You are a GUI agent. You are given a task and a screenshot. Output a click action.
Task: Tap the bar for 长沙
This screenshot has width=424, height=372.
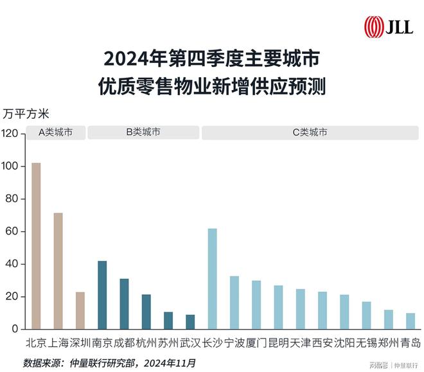pyautogui.click(x=212, y=279)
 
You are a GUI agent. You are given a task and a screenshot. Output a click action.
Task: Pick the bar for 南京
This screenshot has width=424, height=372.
pyautogui.click(x=102, y=295)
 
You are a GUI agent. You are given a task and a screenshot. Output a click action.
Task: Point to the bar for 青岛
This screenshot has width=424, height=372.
pyautogui.click(x=411, y=321)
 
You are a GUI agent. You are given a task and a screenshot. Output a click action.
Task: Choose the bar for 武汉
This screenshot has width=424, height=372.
pyautogui.click(x=190, y=322)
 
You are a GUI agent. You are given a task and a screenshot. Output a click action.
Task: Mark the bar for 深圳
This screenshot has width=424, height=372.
pyautogui.click(x=80, y=311)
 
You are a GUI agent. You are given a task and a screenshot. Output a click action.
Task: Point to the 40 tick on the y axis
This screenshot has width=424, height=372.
pyautogui.click(x=14, y=264)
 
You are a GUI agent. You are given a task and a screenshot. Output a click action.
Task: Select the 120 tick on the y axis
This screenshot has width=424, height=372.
pyautogui.click(x=12, y=134)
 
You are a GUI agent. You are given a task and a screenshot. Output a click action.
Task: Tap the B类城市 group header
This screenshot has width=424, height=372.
pyautogui.click(x=143, y=132)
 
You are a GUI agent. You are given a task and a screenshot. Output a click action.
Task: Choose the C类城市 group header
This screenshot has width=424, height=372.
pyautogui.click(x=310, y=132)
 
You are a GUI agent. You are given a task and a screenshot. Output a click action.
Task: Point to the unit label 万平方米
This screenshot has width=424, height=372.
pyautogui.click(x=30, y=114)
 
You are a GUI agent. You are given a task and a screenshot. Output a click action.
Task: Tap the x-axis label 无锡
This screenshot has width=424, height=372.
pyautogui.click(x=366, y=342)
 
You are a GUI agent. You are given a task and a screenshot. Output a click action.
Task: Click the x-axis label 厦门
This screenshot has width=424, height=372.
pyautogui.click(x=256, y=342)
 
